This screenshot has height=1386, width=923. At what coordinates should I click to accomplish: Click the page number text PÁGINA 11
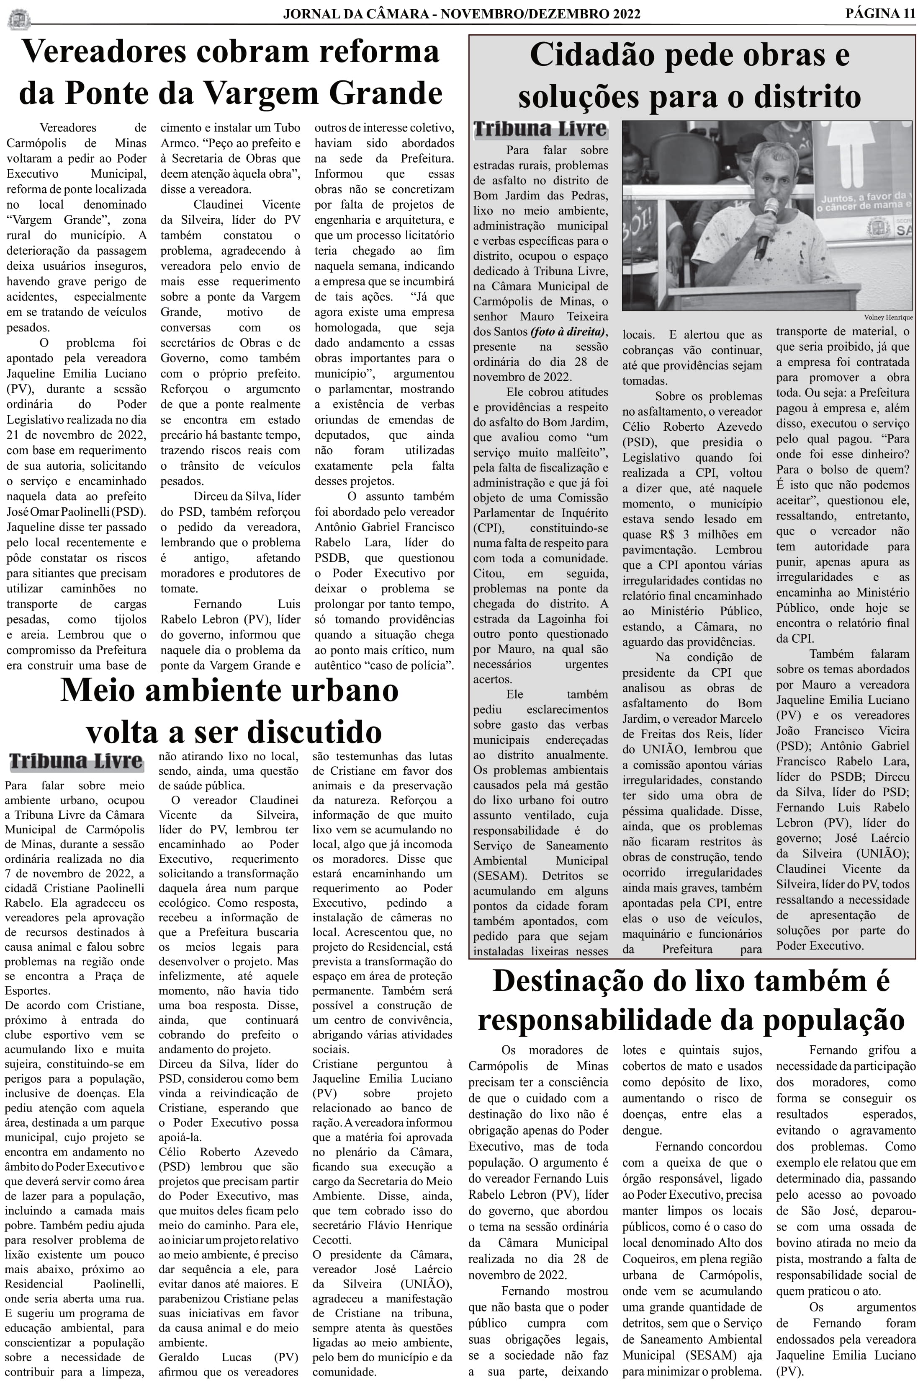[880, 13]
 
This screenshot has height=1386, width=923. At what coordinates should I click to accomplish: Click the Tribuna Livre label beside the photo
[540, 129]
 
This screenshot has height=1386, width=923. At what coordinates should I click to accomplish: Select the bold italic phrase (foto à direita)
[568, 331]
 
